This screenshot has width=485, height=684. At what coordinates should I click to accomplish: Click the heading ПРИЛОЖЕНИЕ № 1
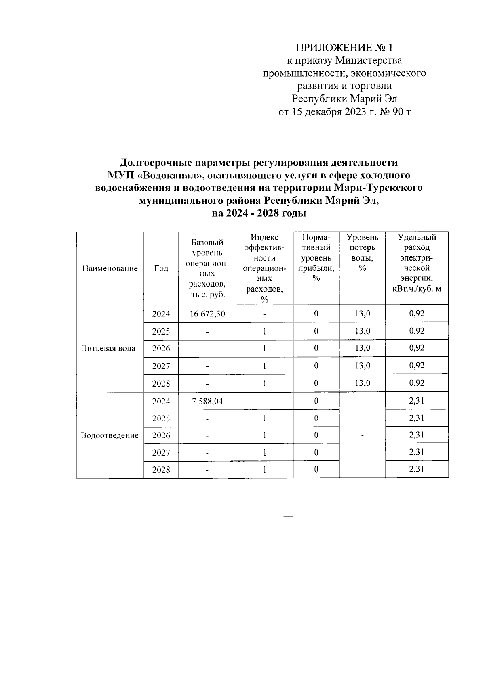click(x=344, y=48)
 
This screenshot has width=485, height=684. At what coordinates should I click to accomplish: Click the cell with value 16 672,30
click(x=207, y=314)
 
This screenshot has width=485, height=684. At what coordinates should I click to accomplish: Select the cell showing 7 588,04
click(x=207, y=401)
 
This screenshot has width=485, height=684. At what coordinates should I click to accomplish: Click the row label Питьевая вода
click(x=108, y=348)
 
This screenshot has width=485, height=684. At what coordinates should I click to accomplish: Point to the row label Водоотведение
click(x=110, y=435)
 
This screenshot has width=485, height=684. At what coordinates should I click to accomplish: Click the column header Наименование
click(x=110, y=268)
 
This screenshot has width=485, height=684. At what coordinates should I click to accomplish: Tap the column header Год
click(x=161, y=268)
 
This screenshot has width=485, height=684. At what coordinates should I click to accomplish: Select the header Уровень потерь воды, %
click(x=362, y=253)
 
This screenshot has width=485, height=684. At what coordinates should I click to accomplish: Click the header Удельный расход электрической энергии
click(x=417, y=263)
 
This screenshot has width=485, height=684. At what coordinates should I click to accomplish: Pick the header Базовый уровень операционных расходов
click(x=207, y=268)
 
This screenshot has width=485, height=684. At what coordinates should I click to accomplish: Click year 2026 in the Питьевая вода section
click(x=161, y=348)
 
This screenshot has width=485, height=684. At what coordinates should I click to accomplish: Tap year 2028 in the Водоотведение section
click(x=161, y=470)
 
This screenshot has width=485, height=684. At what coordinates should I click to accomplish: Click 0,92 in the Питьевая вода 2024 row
click(x=417, y=313)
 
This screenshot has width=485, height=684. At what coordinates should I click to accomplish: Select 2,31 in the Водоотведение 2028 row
click(x=417, y=469)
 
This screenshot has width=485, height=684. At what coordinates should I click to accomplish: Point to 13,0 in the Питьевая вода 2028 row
click(x=363, y=383)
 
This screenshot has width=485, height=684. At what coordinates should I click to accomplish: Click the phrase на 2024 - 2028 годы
click(x=259, y=213)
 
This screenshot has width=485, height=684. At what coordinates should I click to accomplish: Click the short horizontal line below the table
click(x=259, y=517)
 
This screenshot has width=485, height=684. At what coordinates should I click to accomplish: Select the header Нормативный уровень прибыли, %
click(x=316, y=258)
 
